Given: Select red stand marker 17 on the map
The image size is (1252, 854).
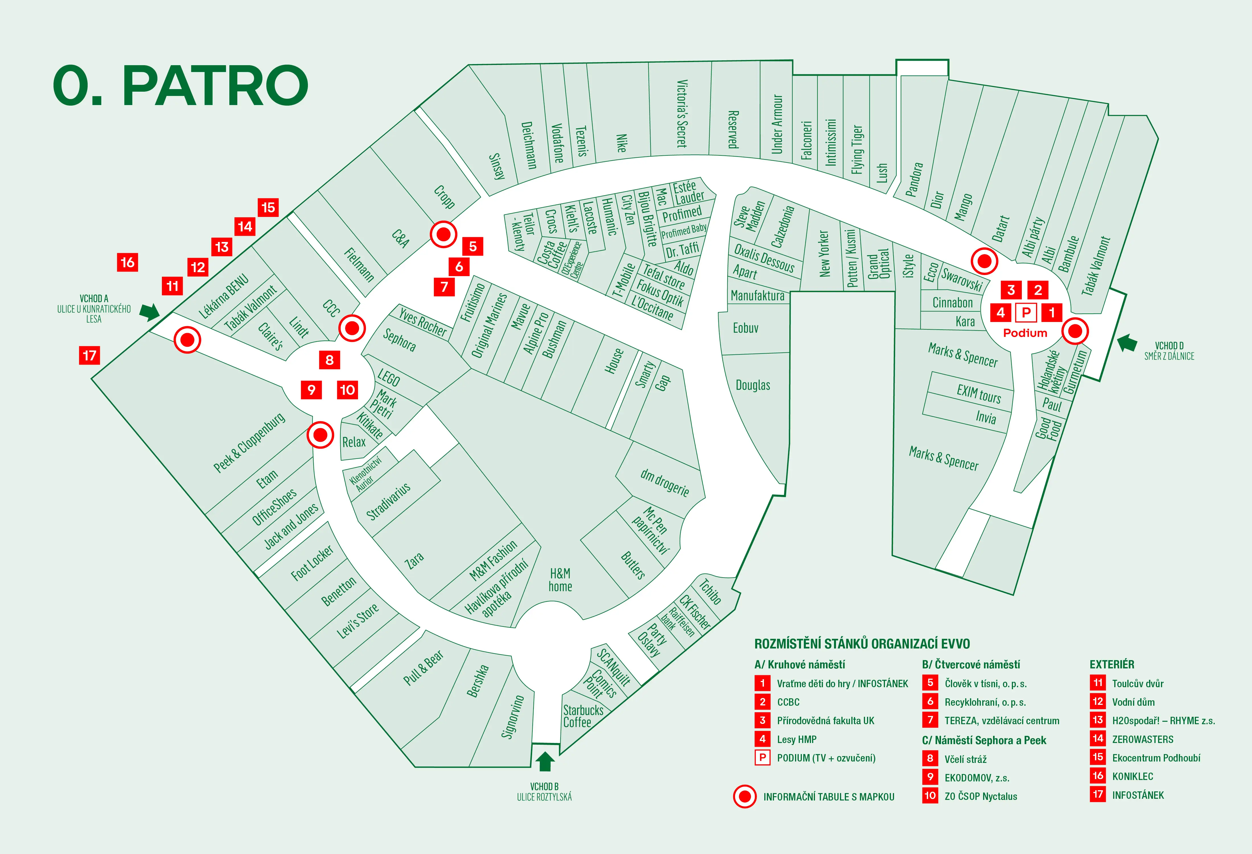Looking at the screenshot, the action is [x=89, y=355].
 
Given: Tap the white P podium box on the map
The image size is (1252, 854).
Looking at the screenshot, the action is [x=1026, y=312].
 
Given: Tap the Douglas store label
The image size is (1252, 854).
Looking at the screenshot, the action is [x=753, y=385].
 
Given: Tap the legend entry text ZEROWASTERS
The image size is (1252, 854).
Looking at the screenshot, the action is [x=1143, y=739].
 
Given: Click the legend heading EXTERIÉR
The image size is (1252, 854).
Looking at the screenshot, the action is [x=1112, y=664].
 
